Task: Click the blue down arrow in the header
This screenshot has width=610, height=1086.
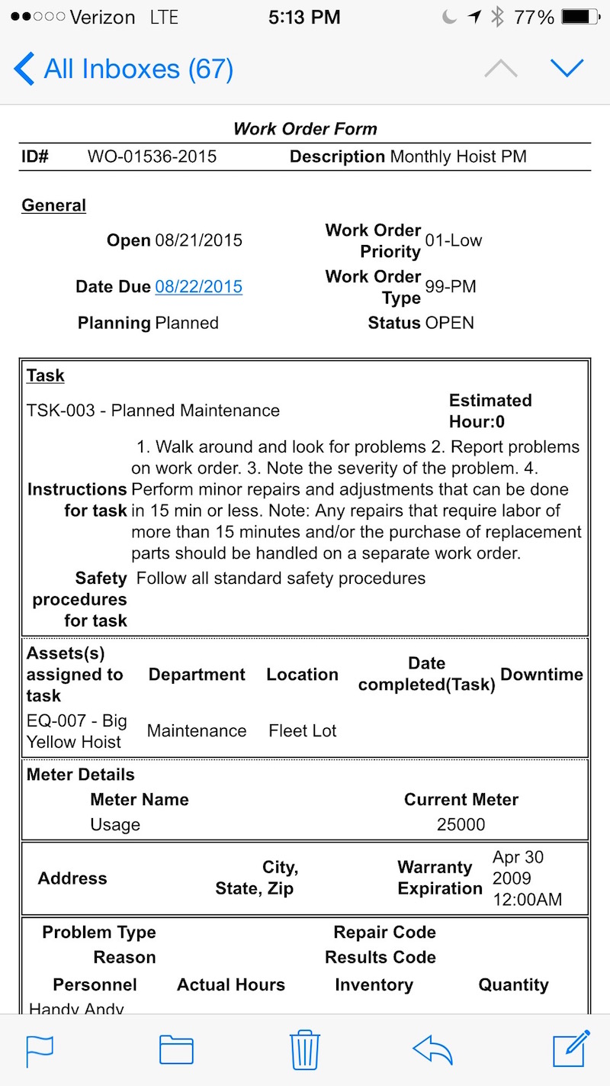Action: [x=567, y=69]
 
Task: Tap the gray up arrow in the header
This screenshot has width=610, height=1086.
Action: [x=501, y=69]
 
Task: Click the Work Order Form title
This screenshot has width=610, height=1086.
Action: [x=305, y=128]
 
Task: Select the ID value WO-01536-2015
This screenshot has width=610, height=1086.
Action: [x=152, y=157]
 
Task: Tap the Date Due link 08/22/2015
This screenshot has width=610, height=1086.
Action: [x=198, y=287]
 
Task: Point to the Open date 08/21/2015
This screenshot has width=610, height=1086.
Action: [x=198, y=240]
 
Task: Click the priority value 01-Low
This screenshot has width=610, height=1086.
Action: [x=454, y=240]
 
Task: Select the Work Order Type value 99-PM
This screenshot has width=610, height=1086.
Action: [x=451, y=287]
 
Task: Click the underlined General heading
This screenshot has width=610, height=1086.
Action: [x=53, y=205]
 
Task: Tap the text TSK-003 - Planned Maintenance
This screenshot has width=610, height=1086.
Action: [x=153, y=411]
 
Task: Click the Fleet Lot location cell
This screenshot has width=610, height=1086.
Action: [x=303, y=730]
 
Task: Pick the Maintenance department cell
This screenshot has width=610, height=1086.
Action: [x=197, y=730]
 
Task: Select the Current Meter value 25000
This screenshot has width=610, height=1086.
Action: [x=461, y=824]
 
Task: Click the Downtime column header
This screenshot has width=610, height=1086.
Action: [x=541, y=675]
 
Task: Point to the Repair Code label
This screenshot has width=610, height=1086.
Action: [x=384, y=932]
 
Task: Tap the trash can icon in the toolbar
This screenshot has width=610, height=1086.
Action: [x=305, y=1050]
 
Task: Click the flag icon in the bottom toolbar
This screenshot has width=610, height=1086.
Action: [x=40, y=1050]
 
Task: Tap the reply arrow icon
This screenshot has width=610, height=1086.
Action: [x=432, y=1050]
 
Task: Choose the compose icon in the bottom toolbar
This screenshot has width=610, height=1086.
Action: [x=571, y=1049]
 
